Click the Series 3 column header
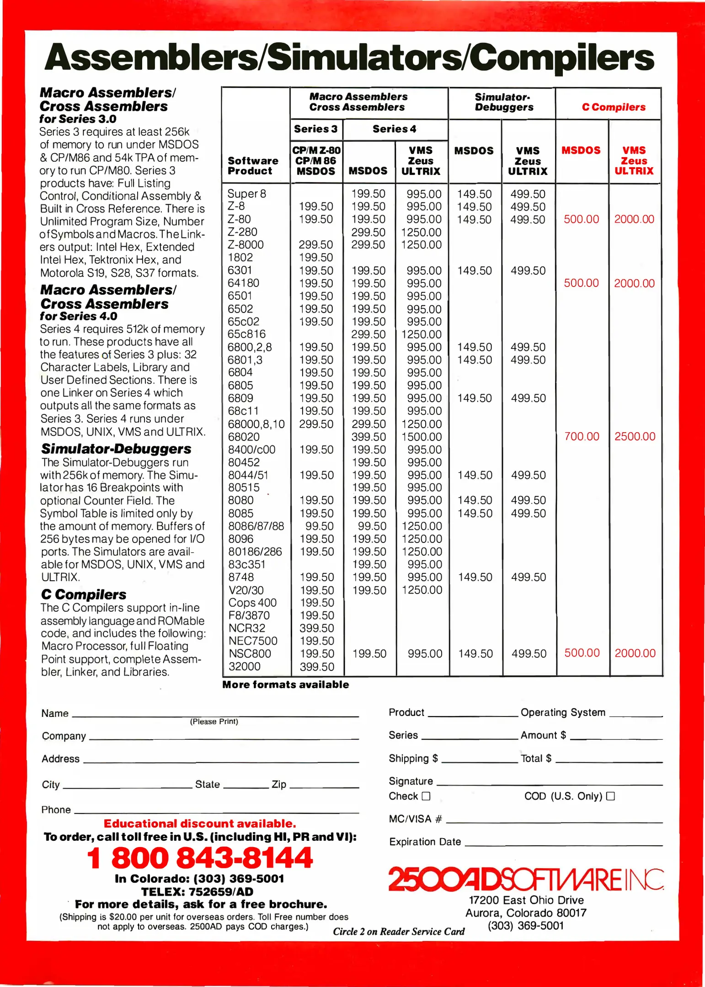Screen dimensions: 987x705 (x=315, y=129)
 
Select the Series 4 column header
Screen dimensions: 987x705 (x=394, y=129)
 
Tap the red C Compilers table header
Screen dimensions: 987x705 (x=614, y=107)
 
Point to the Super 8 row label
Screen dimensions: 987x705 (x=246, y=194)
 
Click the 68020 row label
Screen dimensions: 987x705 (x=244, y=437)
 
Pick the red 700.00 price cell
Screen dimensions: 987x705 (x=582, y=436)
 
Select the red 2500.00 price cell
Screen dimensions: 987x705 (x=635, y=436)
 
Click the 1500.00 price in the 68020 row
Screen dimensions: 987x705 (x=422, y=437)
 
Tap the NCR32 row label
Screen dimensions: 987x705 (x=247, y=628)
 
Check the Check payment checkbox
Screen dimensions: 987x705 (x=426, y=796)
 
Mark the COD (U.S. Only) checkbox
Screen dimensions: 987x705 (x=610, y=796)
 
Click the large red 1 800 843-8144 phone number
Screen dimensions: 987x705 (x=200, y=858)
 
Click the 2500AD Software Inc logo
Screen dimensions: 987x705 (x=526, y=880)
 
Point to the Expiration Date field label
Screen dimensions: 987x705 (x=425, y=842)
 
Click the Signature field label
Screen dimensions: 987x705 (x=411, y=781)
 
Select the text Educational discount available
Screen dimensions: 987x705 (x=200, y=823)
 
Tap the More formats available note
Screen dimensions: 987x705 (x=285, y=685)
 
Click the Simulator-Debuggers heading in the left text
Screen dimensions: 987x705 (x=116, y=449)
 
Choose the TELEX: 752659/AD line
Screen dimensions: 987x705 (x=197, y=891)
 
